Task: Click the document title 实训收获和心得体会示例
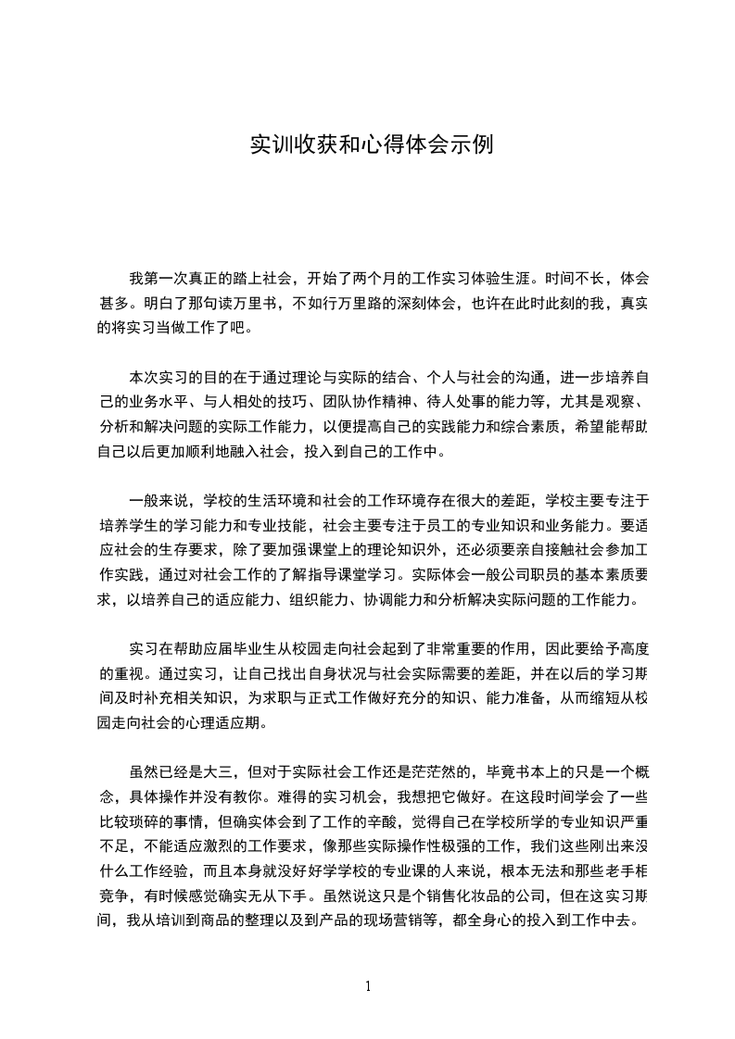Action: click(x=367, y=145)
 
